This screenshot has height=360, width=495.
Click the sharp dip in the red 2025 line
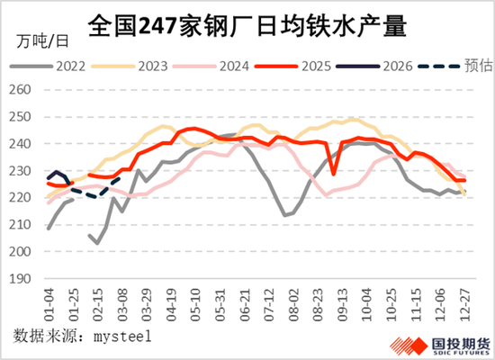(x=335, y=174)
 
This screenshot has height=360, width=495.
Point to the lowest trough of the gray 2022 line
(x=285, y=216)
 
